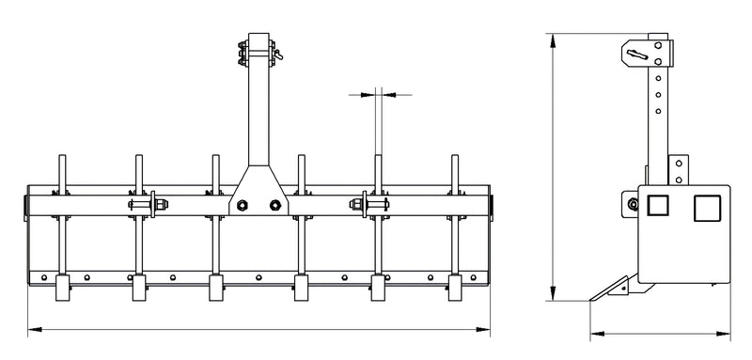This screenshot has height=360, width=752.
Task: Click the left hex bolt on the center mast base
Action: click(243, 205)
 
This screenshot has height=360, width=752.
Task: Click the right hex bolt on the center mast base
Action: click(274, 205)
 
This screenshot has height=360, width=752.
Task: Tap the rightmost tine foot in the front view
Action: click(455, 289)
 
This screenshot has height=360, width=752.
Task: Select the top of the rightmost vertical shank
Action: click(455, 158)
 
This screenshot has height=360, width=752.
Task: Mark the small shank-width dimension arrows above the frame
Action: click(380, 94)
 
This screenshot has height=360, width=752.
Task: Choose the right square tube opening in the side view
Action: click(707, 208)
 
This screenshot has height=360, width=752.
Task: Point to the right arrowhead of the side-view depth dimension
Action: click(735, 334)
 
